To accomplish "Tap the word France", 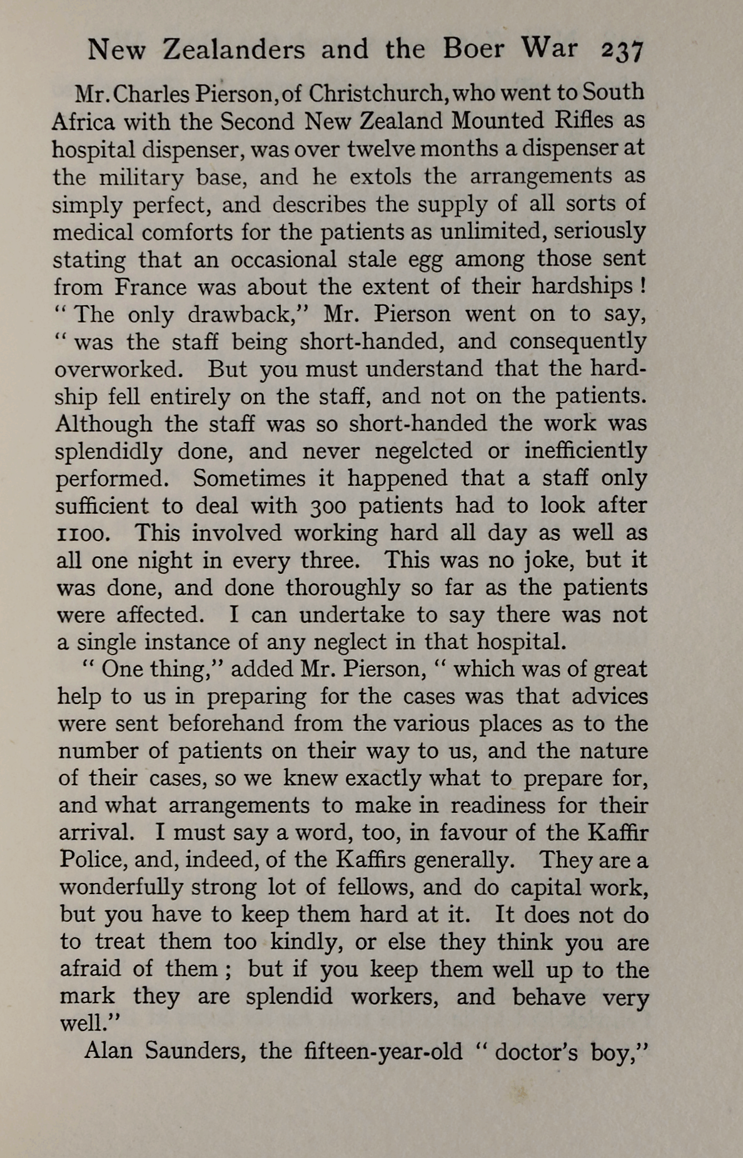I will tap(150, 287).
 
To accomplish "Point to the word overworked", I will tap(119, 370).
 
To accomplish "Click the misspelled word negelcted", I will tap(430, 451).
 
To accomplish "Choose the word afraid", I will tap(90, 969).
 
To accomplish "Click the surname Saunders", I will tap(194, 1051).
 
